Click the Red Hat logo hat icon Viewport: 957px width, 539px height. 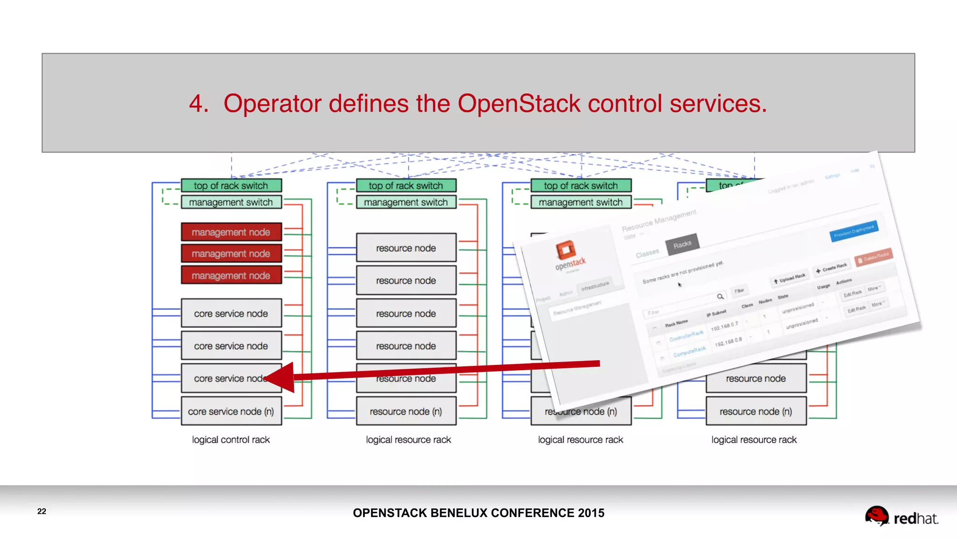pos(876,516)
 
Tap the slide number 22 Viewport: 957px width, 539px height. pos(42,511)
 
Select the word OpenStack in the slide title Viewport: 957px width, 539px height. pos(519,103)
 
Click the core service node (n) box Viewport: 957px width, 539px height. pos(231,411)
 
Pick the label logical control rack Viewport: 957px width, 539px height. pos(231,440)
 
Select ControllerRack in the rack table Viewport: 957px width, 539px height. pos(686,335)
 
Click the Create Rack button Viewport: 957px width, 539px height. pos(832,268)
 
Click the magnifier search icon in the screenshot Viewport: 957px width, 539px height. pos(720,296)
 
